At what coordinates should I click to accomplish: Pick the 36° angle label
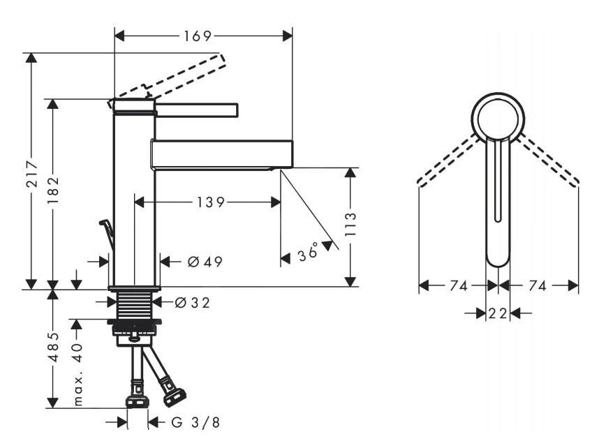pos(308,253)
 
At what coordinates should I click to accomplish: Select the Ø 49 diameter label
pos(205,262)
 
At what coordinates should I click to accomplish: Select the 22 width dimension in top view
pos(497,314)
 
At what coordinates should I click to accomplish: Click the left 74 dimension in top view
pos(457,285)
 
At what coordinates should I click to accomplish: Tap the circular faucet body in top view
pos(497,116)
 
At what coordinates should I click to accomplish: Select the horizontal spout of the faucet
pos(221,154)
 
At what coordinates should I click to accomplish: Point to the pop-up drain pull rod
pos(107,234)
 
